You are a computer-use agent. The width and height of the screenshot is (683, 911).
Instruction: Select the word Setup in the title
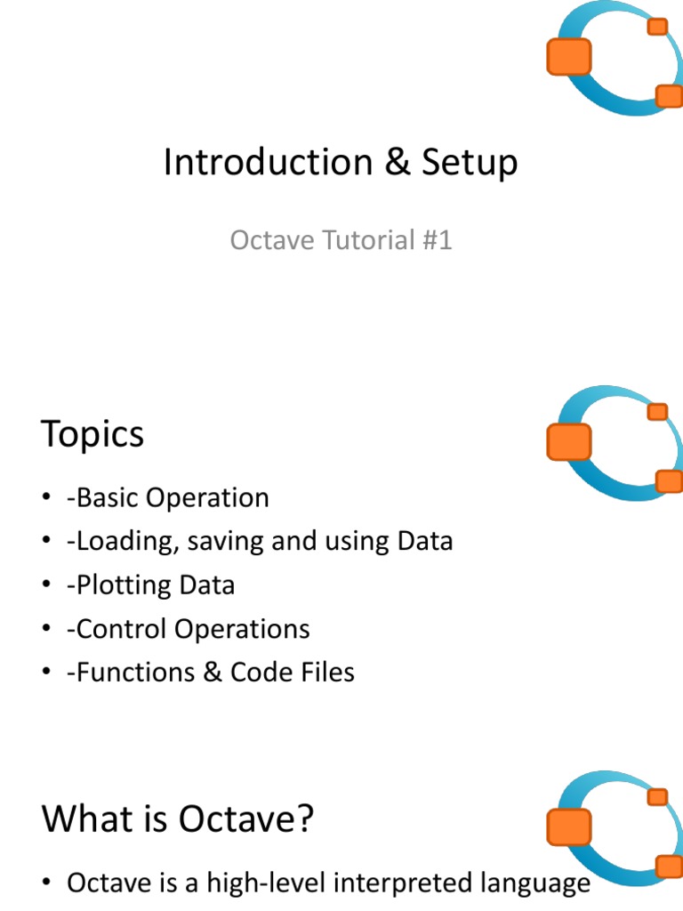coord(469,163)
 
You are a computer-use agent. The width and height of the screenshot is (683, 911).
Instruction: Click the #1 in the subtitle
coord(435,240)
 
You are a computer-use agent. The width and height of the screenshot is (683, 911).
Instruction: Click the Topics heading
coord(92,434)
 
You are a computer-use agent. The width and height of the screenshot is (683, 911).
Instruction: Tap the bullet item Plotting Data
coord(150,584)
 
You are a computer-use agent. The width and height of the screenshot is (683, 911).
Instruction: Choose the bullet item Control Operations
coord(188,629)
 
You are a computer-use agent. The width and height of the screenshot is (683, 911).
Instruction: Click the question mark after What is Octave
coord(304,818)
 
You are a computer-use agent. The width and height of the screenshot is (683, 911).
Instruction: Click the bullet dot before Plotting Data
coord(47,586)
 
